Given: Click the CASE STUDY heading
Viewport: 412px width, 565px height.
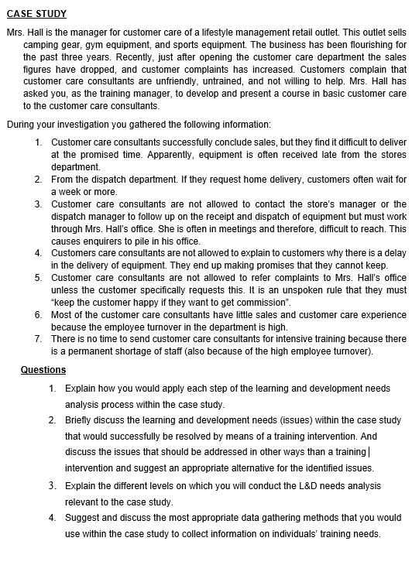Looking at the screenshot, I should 36,14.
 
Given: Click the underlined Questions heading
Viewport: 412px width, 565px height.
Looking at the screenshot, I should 43,370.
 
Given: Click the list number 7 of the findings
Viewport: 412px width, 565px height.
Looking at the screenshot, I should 39,339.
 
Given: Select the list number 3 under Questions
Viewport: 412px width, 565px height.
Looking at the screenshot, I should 51,485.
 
